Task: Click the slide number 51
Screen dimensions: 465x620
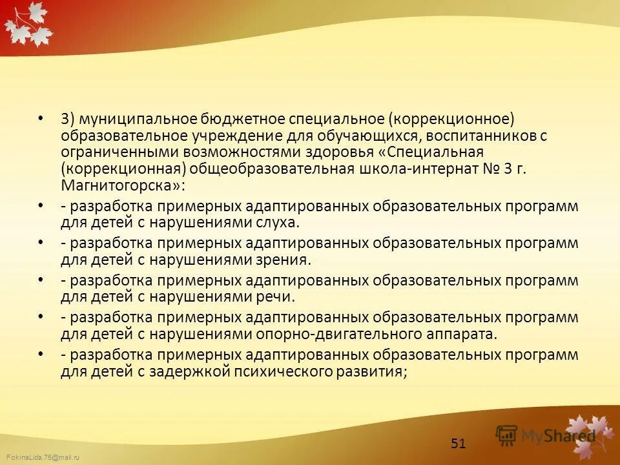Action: coord(458,443)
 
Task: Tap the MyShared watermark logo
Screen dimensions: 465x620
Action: coord(546,435)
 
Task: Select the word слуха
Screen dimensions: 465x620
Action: coord(278,223)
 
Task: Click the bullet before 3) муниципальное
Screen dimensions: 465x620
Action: coord(41,119)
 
